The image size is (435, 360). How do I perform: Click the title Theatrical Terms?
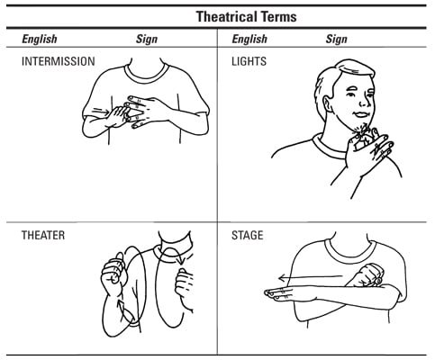[x=247, y=16]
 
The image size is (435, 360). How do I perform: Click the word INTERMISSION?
[x=59, y=61]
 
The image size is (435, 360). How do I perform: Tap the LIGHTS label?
[x=249, y=61]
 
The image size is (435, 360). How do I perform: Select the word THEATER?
[x=43, y=235]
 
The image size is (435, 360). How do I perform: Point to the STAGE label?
[x=248, y=235]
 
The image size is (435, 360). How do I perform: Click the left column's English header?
[x=40, y=40]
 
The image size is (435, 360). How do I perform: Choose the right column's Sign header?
[x=337, y=40]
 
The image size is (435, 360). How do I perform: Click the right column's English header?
[x=249, y=40]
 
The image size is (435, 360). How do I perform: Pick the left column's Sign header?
[x=147, y=40]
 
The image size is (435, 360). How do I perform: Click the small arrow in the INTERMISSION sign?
[x=101, y=112]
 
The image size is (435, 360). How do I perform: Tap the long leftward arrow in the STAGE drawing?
[x=311, y=277]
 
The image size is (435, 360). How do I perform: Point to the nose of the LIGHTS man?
[x=364, y=101]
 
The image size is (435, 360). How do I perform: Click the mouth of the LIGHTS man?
[x=361, y=114]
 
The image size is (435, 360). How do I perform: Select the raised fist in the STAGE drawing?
[x=367, y=275]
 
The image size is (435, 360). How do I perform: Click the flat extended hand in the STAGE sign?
[x=285, y=293]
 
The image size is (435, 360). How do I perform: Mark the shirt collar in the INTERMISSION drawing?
[x=147, y=74]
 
